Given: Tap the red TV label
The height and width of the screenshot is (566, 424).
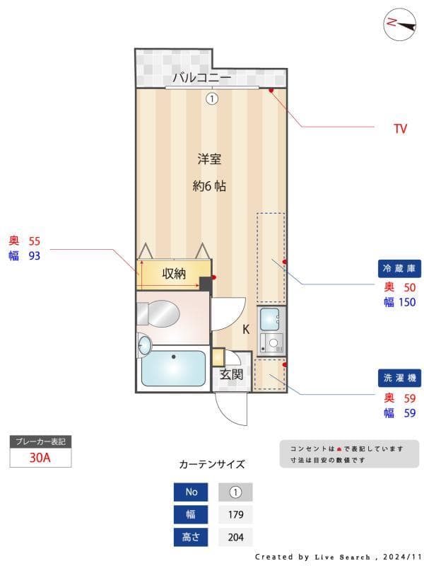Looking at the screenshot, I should coord(401,129).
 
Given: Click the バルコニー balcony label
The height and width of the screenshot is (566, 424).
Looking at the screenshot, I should coord(201,77).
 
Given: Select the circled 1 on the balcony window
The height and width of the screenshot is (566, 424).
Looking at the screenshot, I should coord(211,99).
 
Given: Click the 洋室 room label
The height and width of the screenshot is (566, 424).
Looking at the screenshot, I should coord(209,159).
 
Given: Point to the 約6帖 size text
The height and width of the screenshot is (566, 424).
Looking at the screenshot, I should coord(209,187).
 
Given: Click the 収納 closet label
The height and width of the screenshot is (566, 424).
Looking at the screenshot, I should coord(173,274).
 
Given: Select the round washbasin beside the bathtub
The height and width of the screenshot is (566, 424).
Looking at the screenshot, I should coord(144,345).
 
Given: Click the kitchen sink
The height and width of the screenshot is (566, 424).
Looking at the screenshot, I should coord(271,319).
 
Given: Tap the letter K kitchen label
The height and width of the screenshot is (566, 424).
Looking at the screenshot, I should coord(246,329).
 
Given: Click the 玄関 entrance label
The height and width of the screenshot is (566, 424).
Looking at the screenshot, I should coord(231,374).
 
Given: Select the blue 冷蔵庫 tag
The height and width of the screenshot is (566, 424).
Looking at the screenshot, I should coord(400,269).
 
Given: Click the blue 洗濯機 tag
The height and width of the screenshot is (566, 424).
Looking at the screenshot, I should coord(400,379).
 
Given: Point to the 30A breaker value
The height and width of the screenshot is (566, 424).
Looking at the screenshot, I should coord(40,457).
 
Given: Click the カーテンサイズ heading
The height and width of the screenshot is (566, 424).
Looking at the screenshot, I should coord(212,465).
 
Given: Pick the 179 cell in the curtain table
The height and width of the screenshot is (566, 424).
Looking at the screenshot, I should coord(235,514).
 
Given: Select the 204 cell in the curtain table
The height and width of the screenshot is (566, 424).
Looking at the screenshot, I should coord(235,537).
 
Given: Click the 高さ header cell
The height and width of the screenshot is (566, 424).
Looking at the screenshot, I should coord(192,537).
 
